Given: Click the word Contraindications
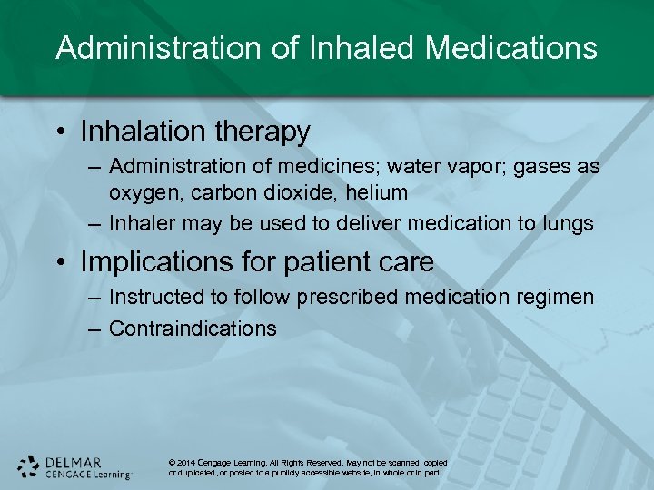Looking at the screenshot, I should (193, 328).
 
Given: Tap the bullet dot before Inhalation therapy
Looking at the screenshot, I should (61, 132).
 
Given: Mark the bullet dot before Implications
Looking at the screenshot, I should (61, 263).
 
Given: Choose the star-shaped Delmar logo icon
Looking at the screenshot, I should (29, 466).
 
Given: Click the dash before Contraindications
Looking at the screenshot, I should (94, 328).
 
